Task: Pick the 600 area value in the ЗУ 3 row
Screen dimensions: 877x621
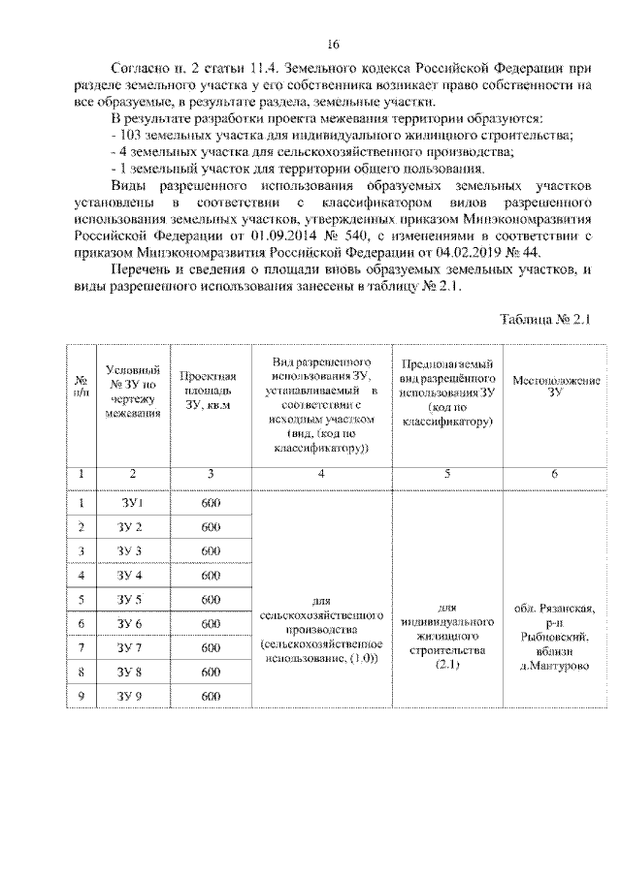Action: (x=211, y=551)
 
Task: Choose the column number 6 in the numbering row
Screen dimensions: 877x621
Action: (x=555, y=473)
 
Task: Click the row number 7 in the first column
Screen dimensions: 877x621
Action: (x=82, y=648)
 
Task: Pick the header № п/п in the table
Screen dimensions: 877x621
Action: (x=82, y=386)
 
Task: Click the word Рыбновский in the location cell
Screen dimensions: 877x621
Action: (x=555, y=637)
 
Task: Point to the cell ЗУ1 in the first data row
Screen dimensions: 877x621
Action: (x=132, y=503)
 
